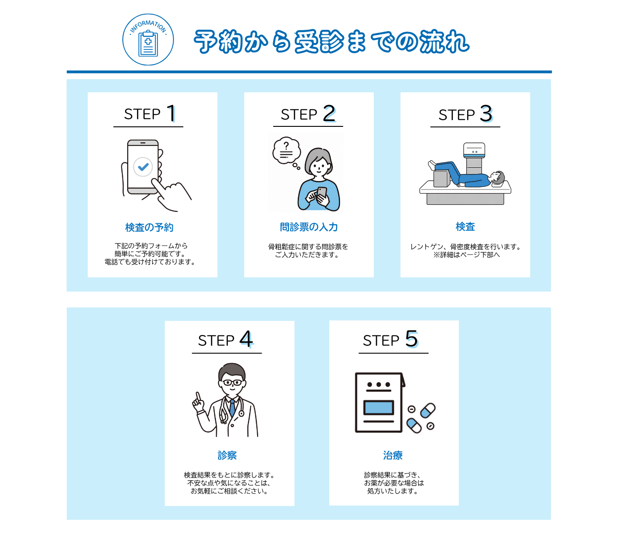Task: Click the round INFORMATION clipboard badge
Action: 148,40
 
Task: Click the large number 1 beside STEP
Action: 171,113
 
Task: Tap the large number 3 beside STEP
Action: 486,113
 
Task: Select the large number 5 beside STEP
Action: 411,339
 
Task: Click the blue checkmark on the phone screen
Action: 143,166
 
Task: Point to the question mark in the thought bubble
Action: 286,146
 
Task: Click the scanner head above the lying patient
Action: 474,150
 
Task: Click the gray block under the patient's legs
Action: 441,179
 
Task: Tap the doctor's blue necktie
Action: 232,408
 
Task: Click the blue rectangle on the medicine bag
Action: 379,408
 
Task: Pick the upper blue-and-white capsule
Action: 428,411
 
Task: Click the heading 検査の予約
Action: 149,227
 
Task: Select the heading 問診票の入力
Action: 309,227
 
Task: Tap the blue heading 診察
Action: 227,455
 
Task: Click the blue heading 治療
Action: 393,455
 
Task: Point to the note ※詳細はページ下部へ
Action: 466,255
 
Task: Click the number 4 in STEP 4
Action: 246,339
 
